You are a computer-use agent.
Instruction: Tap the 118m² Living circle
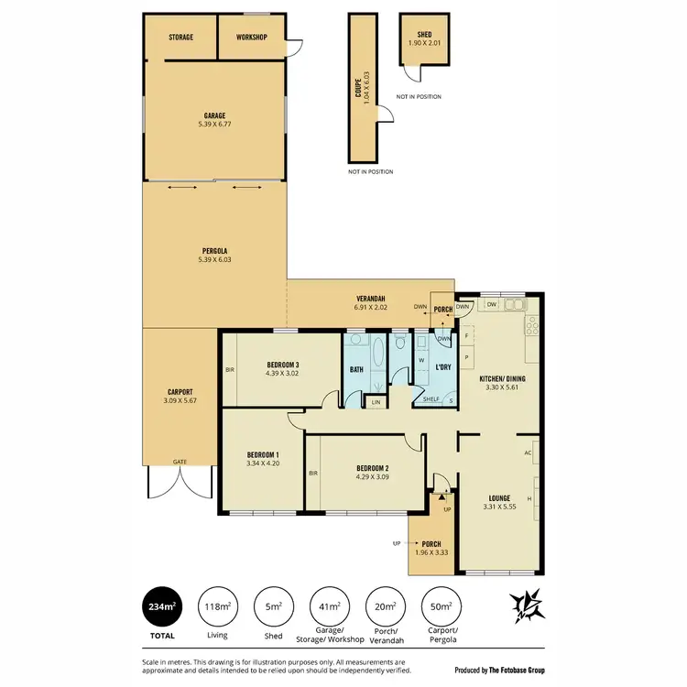coord(218,605)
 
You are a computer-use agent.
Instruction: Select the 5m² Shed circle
coord(273,605)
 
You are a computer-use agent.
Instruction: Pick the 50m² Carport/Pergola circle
coord(441,605)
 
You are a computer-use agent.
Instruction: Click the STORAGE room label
coord(180,38)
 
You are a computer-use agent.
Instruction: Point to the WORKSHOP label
coord(251,38)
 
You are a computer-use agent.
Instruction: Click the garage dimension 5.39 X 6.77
coord(215,124)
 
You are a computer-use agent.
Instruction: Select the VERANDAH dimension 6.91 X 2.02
coord(370,308)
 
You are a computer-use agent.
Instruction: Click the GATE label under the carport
coord(180,462)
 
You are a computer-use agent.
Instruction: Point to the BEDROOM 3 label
coord(284,365)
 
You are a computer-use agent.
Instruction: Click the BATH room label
coord(357,369)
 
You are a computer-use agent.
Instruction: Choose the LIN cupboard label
coord(376,401)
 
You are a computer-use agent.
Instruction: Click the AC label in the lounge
coord(529,453)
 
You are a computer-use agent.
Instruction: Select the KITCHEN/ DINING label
coord(503,378)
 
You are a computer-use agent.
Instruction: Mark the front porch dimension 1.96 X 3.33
coord(431,552)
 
